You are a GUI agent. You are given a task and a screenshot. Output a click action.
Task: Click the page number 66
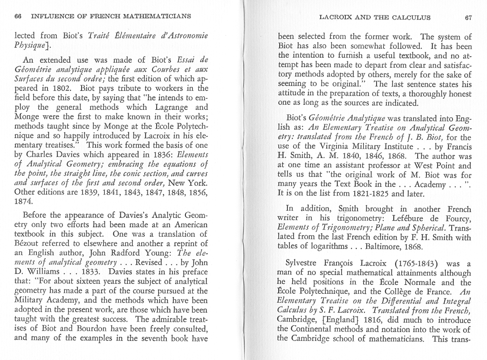17,17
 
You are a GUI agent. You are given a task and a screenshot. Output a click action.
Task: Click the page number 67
469,17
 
